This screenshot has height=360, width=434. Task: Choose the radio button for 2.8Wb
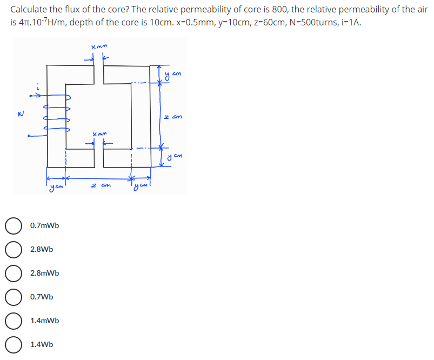click(14, 249)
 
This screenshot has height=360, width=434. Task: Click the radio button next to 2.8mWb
click(14, 273)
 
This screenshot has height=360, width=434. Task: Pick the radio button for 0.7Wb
click(14, 297)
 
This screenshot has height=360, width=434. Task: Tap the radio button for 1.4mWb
click(14, 321)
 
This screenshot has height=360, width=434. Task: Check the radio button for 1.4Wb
click(14, 344)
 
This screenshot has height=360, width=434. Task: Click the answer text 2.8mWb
click(45, 273)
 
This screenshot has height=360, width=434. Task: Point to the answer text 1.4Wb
click(42, 344)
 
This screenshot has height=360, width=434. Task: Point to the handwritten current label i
click(38, 86)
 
